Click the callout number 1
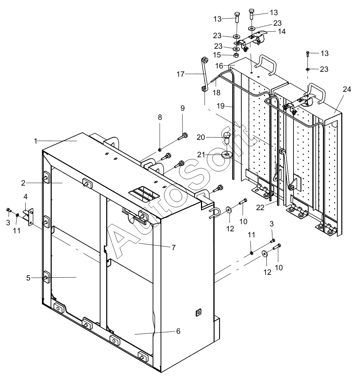pos(36,141)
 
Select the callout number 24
pos(347,90)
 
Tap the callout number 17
pos(181,74)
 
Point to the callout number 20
pos(201,138)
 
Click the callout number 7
pos(173,248)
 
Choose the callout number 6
pos(178,331)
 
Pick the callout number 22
pos(260,208)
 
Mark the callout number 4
pos(25,196)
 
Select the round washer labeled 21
pos(226,155)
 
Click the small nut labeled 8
pos(160,150)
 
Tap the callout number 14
pos(281,32)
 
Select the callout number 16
pos(219,66)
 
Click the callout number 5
pos(28,278)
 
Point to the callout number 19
pos(221,106)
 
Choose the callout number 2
pos(23,183)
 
